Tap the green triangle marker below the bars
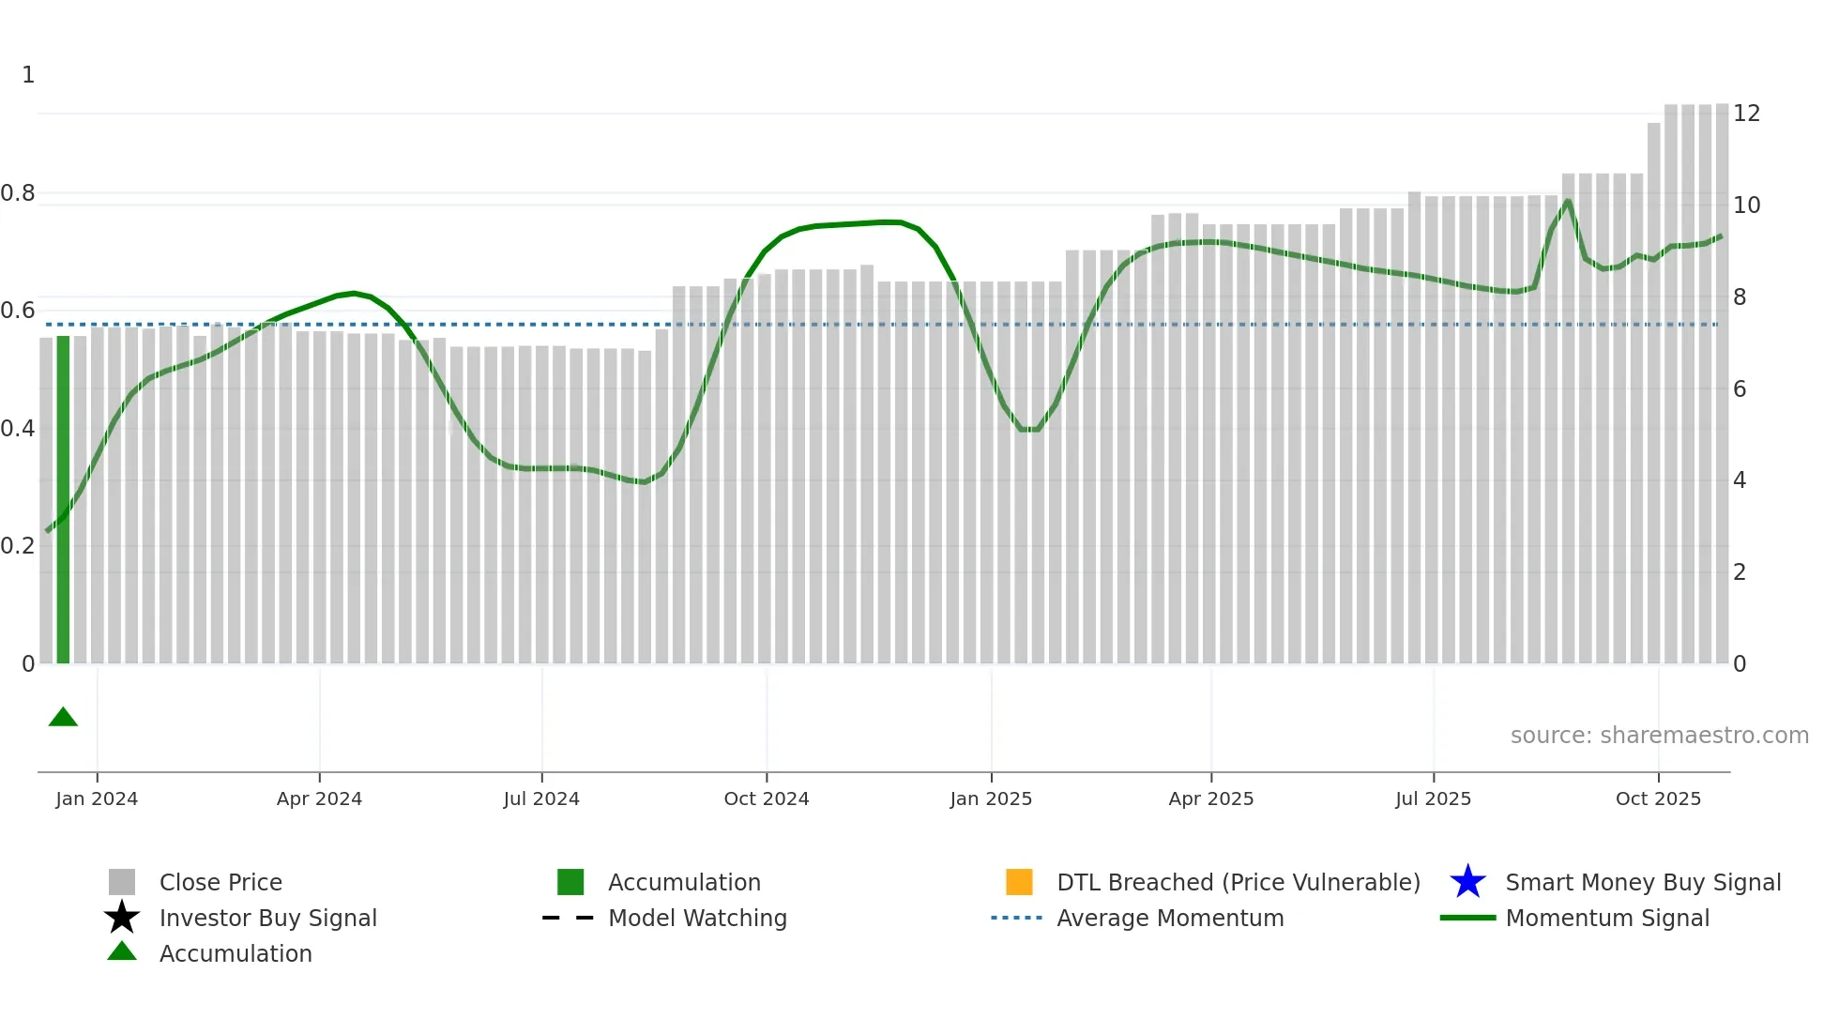click(x=63, y=718)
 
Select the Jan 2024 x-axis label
click(x=97, y=798)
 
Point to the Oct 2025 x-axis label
click(x=1657, y=798)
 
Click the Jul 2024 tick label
click(x=541, y=798)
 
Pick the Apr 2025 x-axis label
click(x=1210, y=798)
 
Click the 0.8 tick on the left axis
click(x=18, y=193)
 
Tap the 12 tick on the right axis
click(x=1746, y=114)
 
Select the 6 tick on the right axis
click(x=1739, y=389)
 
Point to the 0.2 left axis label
click(x=18, y=546)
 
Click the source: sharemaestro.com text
click(x=1659, y=736)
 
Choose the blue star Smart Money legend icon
click(x=1467, y=882)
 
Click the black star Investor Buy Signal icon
click(x=122, y=918)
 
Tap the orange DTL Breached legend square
click(x=1019, y=882)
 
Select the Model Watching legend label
click(x=697, y=918)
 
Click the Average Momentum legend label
click(x=1170, y=918)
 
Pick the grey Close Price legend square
click(x=122, y=882)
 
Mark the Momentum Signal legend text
click(x=1606, y=918)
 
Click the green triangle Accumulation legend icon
click(x=122, y=952)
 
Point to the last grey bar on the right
click(x=1722, y=385)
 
